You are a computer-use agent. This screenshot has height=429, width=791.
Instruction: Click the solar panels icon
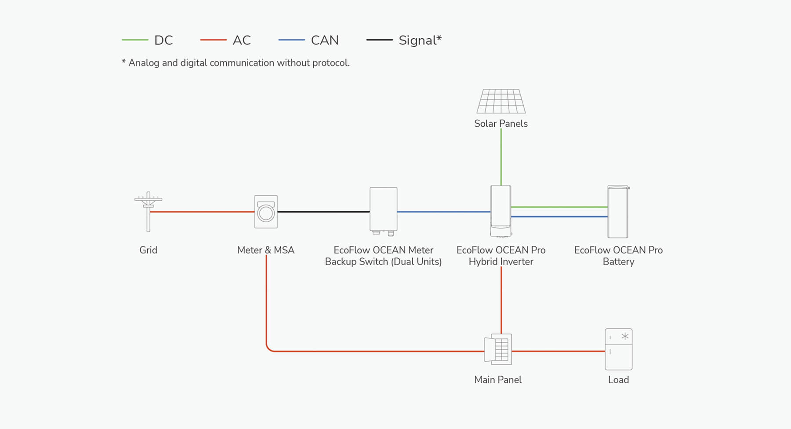click(501, 101)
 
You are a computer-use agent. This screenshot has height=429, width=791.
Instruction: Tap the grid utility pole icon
click(148, 211)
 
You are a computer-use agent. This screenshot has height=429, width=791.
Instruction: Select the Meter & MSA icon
click(266, 212)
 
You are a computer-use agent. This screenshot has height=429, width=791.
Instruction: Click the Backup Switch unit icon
click(384, 210)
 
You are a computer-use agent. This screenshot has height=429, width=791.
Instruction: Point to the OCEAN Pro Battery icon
click(618, 212)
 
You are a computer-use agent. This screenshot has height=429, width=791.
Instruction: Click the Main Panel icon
click(498, 349)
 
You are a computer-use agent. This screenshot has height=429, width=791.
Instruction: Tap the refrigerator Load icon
click(618, 349)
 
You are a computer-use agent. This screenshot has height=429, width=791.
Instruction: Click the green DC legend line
click(135, 40)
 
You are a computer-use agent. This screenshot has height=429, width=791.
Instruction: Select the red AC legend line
click(213, 40)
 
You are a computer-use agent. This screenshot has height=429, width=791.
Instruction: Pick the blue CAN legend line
click(291, 40)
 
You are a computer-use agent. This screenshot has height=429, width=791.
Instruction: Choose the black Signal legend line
click(379, 40)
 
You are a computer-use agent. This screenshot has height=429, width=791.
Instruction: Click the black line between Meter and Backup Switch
click(323, 212)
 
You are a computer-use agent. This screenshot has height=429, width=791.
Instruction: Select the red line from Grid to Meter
click(202, 212)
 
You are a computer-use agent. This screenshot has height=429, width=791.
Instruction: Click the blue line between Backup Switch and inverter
click(444, 212)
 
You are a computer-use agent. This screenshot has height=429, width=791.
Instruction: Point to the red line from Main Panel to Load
click(558, 351)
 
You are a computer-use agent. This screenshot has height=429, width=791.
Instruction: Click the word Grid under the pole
click(148, 250)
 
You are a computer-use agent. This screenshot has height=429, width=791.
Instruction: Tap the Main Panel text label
click(498, 380)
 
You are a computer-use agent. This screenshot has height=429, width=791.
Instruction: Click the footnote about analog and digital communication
click(236, 63)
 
